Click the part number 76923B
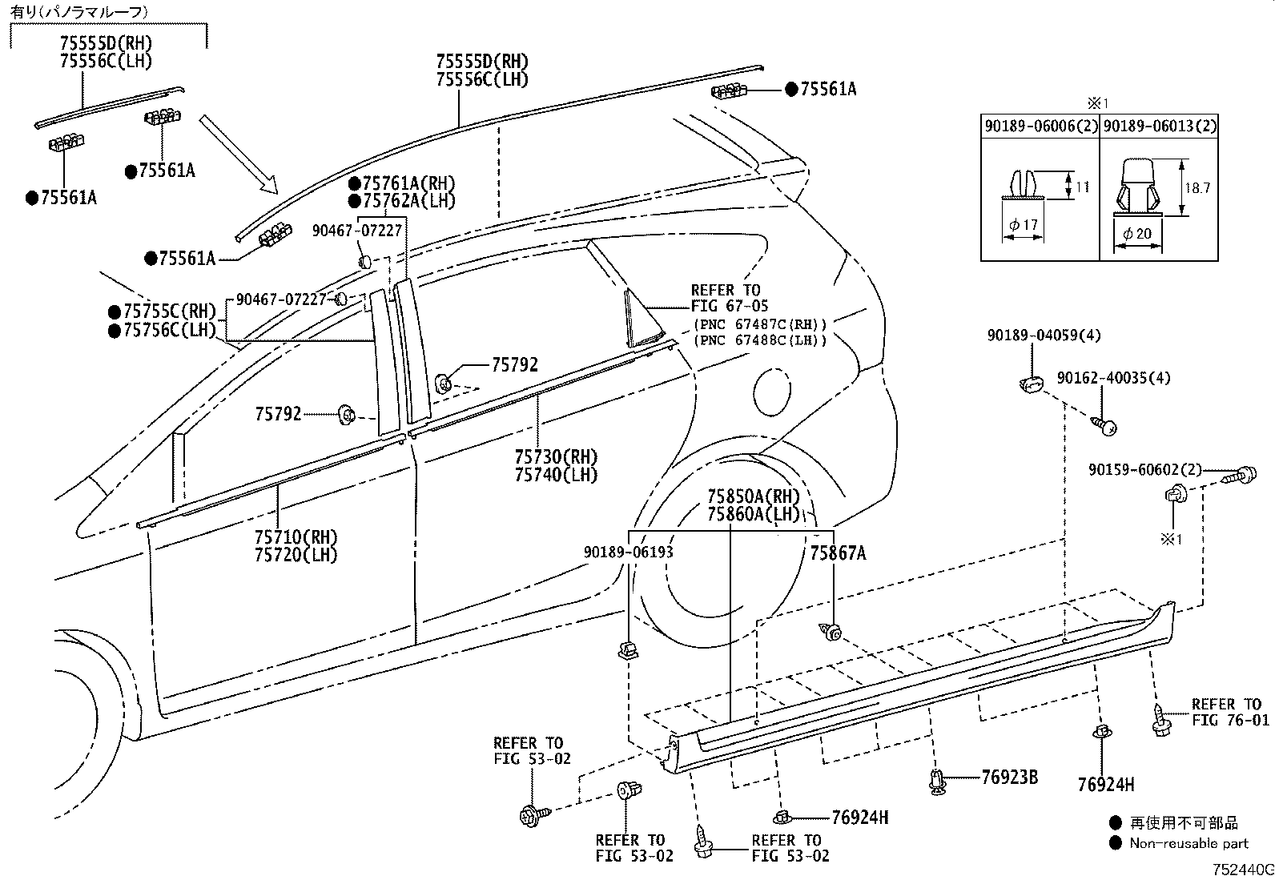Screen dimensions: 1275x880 point(1009,777)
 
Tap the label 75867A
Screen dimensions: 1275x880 point(838,553)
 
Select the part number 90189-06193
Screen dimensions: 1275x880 point(629,552)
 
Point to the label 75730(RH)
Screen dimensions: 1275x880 point(556,456)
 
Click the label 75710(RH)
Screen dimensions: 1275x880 point(296,536)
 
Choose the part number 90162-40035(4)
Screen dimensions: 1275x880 point(1113,378)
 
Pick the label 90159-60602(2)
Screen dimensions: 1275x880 point(1144,469)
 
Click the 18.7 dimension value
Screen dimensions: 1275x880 point(1197,188)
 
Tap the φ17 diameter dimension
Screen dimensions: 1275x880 point(1024,225)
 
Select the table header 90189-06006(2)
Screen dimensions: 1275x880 point(1040,126)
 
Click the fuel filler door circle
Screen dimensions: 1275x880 point(772,392)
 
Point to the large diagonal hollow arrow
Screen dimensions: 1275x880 point(239,155)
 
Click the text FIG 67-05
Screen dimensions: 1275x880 point(729,306)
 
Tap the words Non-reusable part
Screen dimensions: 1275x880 point(1189,843)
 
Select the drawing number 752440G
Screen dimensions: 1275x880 point(1242,870)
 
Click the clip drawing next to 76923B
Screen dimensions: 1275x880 point(937,781)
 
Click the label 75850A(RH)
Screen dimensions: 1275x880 point(754,496)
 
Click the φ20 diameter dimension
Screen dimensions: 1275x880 point(1137,233)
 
